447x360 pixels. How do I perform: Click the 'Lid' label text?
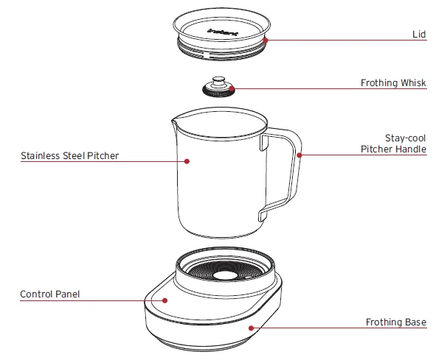pos(419,35)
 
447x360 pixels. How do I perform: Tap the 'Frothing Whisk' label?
pos(393,83)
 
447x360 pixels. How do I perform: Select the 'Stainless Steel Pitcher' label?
pos(69,156)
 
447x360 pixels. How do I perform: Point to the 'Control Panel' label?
pos(49,294)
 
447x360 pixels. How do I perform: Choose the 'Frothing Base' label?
pos(396,322)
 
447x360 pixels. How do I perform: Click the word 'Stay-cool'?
pos(406,138)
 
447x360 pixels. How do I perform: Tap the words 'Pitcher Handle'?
pos(393,149)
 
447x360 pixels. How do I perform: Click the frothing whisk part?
pos(218,89)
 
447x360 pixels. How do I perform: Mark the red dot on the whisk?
pos(232,88)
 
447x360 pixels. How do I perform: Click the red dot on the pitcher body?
pos(187,160)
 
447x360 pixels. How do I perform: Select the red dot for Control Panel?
pos(165,300)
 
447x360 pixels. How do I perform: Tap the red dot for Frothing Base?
pos(252,328)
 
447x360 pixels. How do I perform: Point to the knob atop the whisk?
pos(218,80)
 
